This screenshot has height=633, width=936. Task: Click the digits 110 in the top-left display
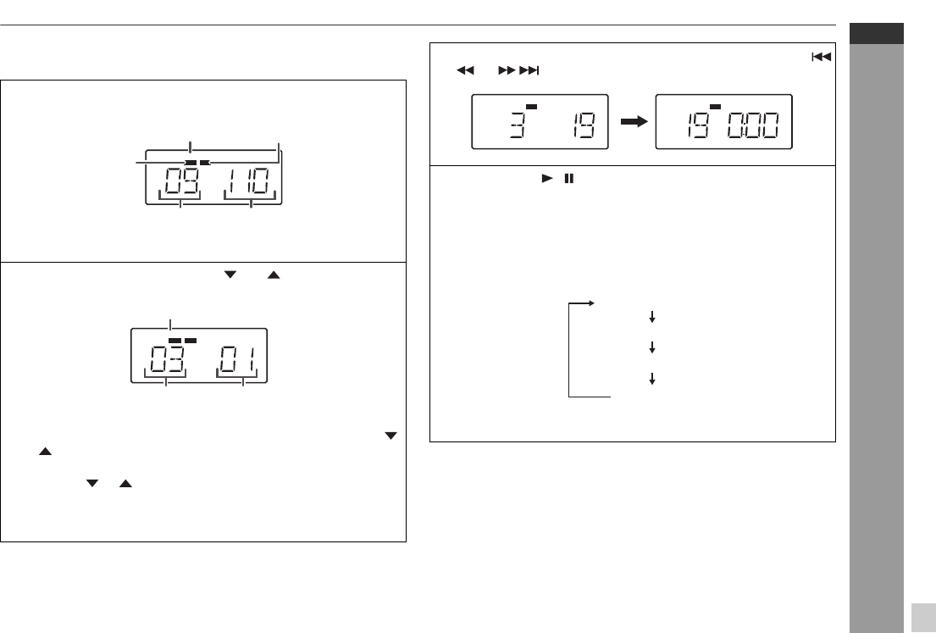[x=249, y=181]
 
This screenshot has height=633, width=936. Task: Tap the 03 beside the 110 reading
[x=181, y=181]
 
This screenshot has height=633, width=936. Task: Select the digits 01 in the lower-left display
[x=237, y=359]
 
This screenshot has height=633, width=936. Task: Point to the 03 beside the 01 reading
[x=167, y=359]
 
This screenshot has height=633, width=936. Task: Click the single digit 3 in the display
[x=518, y=125]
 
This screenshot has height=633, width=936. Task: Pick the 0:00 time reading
[x=753, y=125]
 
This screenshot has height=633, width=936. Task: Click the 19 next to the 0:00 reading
[x=698, y=125]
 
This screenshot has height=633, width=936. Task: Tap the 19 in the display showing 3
[x=583, y=125]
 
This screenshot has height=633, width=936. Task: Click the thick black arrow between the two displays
[x=634, y=122]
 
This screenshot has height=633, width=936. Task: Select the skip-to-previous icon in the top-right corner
[x=822, y=57]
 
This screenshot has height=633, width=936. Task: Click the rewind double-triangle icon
[x=465, y=70]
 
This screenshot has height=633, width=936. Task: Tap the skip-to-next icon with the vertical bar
[x=529, y=70]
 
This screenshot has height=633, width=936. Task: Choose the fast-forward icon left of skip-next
[x=507, y=70]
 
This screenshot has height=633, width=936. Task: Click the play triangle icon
[x=547, y=178]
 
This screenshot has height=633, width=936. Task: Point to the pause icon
[x=569, y=178]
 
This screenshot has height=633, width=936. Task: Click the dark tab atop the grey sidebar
[x=877, y=33]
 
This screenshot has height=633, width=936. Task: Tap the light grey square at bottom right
[x=924, y=618]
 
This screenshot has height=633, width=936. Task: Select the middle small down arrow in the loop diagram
[x=652, y=347]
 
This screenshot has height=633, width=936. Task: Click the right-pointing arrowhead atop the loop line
[x=591, y=303]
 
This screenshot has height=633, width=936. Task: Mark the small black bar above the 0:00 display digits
[x=715, y=107]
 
